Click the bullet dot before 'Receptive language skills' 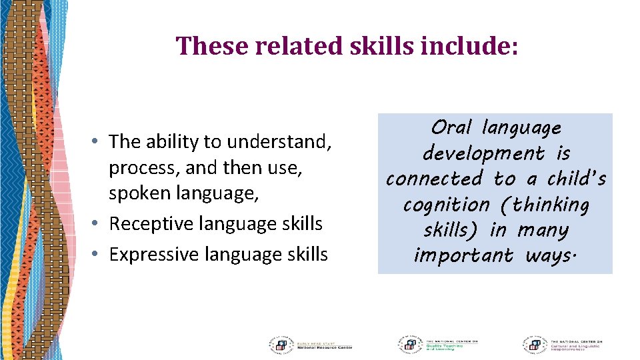97,224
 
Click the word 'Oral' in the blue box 451,127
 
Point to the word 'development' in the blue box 484,153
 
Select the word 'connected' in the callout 434,179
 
